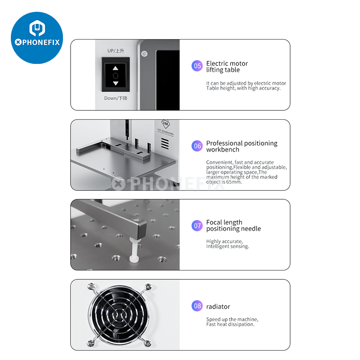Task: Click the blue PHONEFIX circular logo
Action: point(37,38)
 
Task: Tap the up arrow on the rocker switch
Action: point(116,68)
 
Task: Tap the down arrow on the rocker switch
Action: point(116,83)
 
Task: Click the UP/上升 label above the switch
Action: point(116,51)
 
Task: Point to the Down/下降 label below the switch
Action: point(116,98)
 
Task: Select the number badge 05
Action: point(197,66)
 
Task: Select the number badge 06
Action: point(197,146)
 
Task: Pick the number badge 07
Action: point(197,226)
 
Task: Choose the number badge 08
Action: point(197,306)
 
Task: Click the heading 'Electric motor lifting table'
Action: point(227,67)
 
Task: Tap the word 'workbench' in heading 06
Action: point(223,150)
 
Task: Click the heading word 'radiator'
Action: point(218,307)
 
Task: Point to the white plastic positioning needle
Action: point(134,250)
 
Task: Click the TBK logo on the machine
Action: point(166,124)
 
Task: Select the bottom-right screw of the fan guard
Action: point(148,343)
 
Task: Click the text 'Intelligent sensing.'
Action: point(227,246)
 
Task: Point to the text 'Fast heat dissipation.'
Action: point(230,324)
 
